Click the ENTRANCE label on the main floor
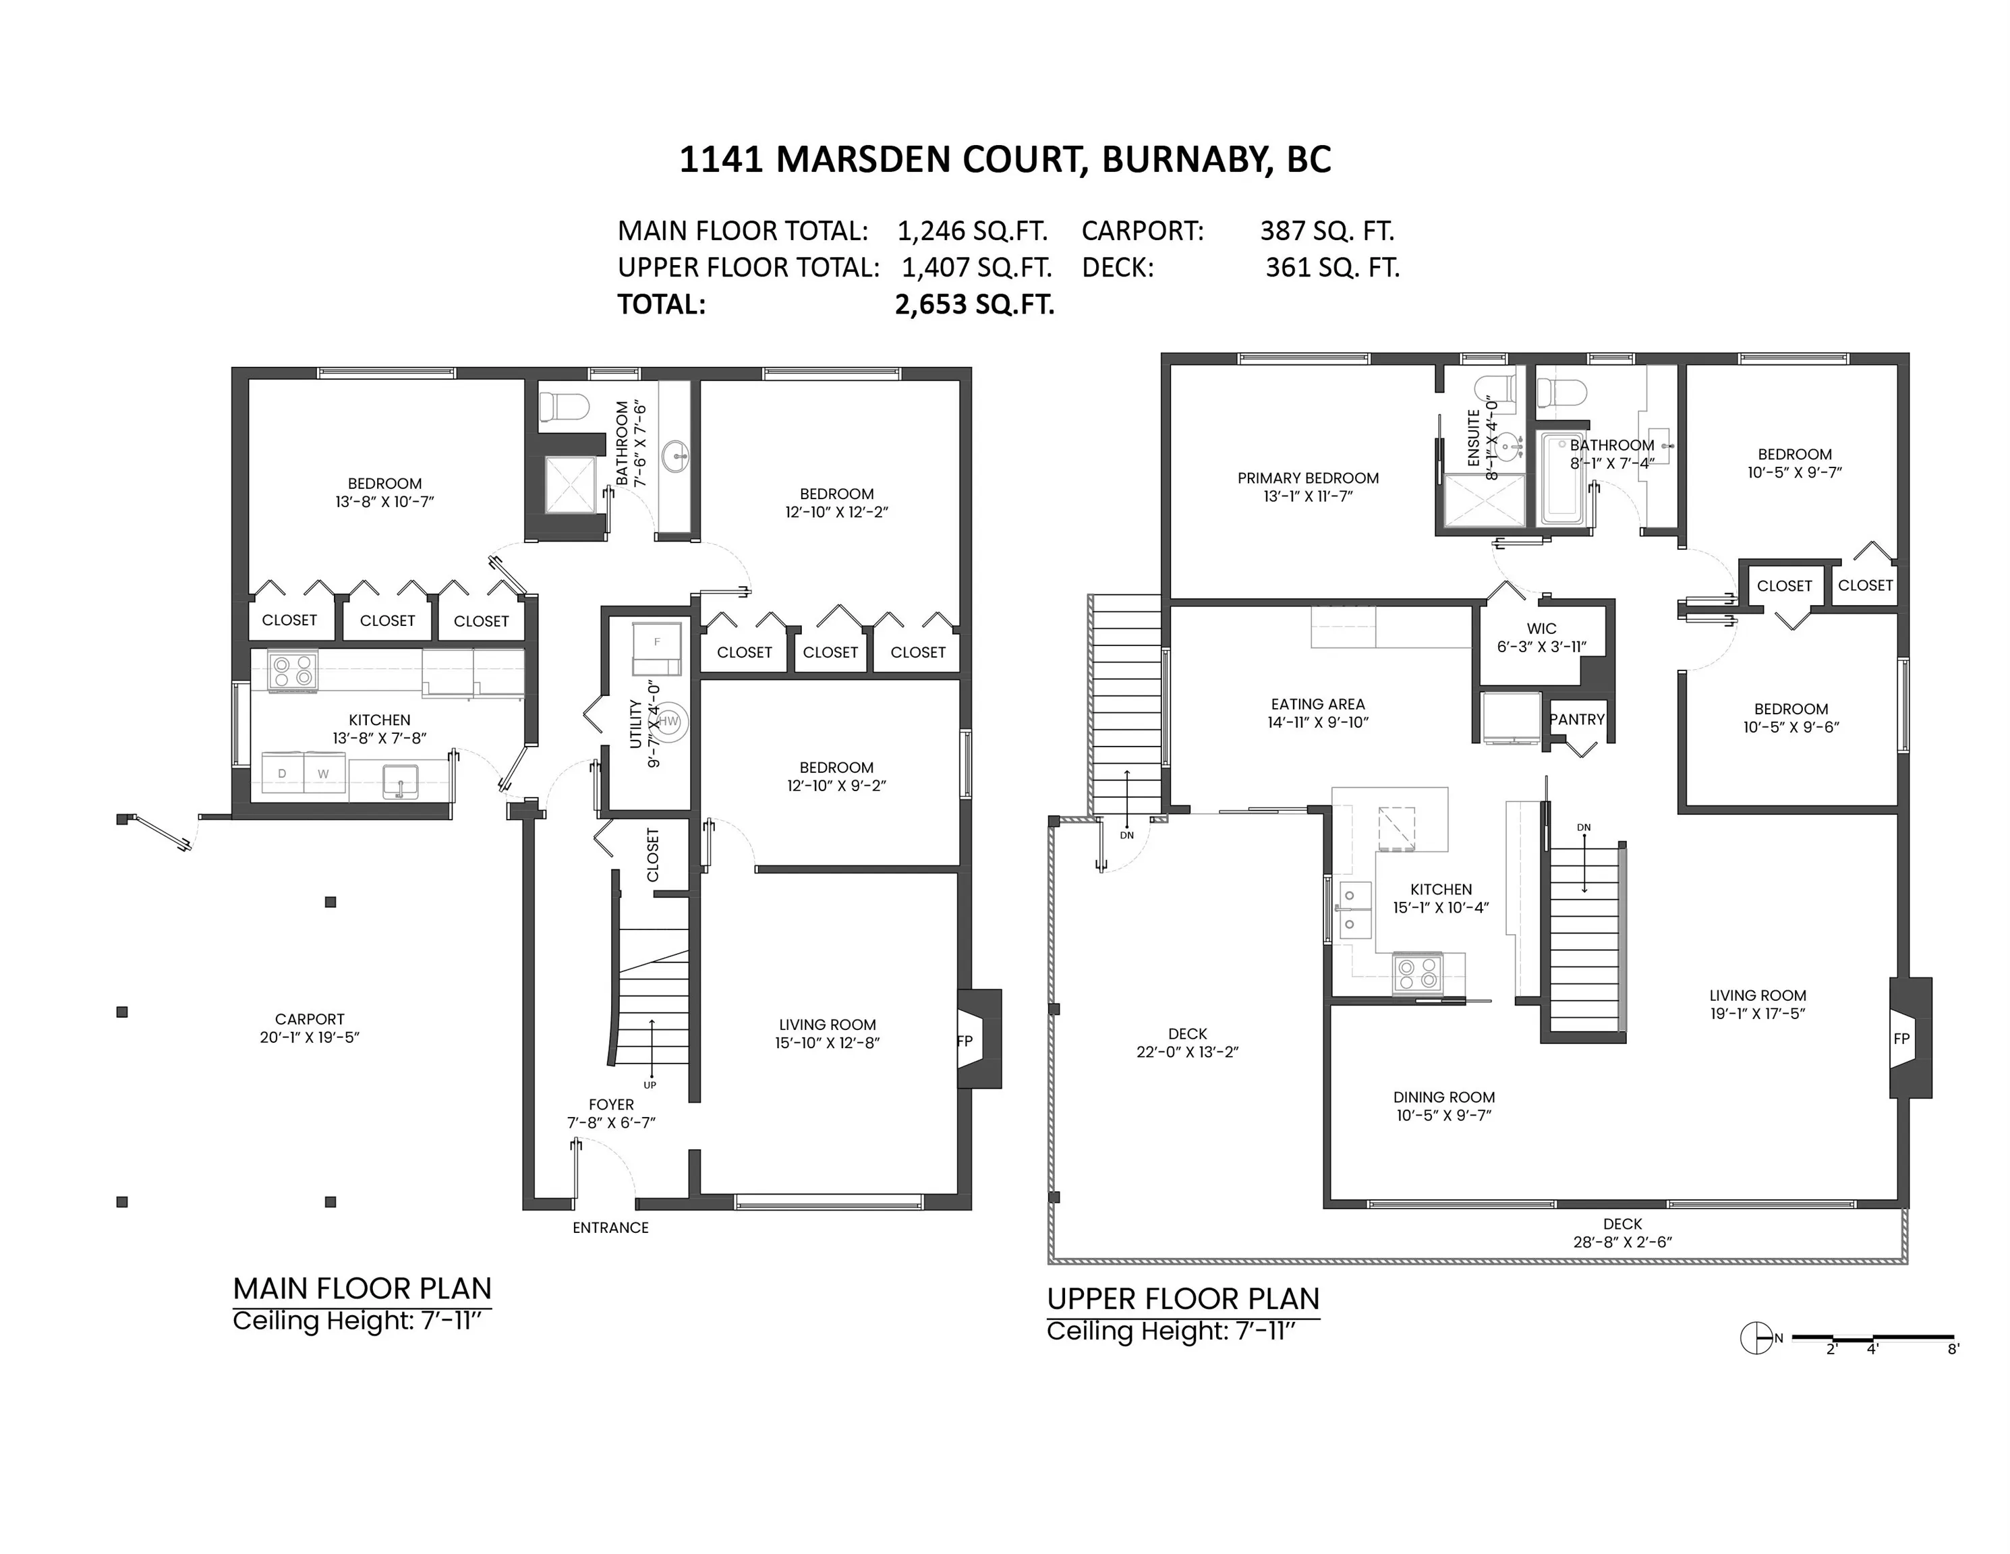click(610, 1228)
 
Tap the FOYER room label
click(611, 1104)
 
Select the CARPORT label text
click(309, 1018)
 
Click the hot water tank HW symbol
click(669, 721)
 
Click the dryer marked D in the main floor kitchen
click(283, 773)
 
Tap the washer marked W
click(324, 773)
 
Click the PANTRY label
click(1578, 720)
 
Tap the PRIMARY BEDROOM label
click(1308, 478)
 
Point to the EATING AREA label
click(1318, 704)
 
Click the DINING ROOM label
click(1444, 1097)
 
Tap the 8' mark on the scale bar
click(1953, 1349)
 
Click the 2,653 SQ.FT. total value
click(975, 305)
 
